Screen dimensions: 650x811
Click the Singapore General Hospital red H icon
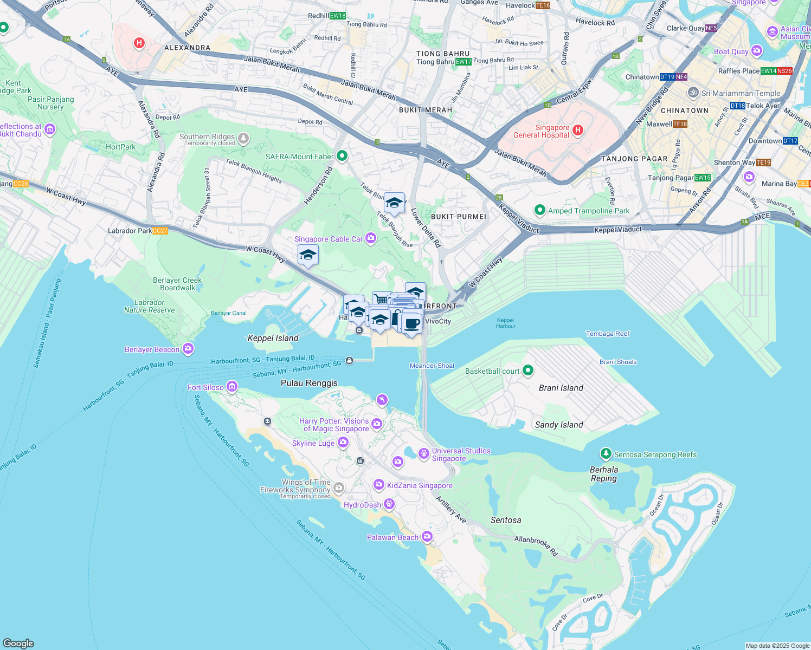[578, 130]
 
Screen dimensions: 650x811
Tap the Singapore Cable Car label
[329, 239]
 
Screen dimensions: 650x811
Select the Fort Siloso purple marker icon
[232, 386]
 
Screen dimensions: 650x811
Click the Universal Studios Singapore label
[461, 454]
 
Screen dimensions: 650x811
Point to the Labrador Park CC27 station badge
[160, 231]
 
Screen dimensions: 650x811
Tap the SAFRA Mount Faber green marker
[342, 157]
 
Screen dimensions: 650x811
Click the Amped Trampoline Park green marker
[539, 210]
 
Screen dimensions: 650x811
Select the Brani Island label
[561, 388]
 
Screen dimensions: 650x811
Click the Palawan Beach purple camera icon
[427, 537]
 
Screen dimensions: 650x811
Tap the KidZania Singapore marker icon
[378, 485]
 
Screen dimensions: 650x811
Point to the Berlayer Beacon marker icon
[188, 349]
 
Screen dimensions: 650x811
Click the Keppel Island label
[273, 338]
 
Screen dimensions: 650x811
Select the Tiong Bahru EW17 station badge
[463, 62]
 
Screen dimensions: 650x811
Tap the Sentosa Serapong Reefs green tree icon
[606, 454]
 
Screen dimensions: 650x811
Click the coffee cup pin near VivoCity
[412, 323]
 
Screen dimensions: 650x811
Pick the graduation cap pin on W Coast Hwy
[308, 255]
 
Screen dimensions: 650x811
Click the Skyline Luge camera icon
[343, 443]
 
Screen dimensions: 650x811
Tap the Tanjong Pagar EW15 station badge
[703, 178]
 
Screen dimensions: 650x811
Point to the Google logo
[18, 643]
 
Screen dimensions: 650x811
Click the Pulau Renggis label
[309, 383]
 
